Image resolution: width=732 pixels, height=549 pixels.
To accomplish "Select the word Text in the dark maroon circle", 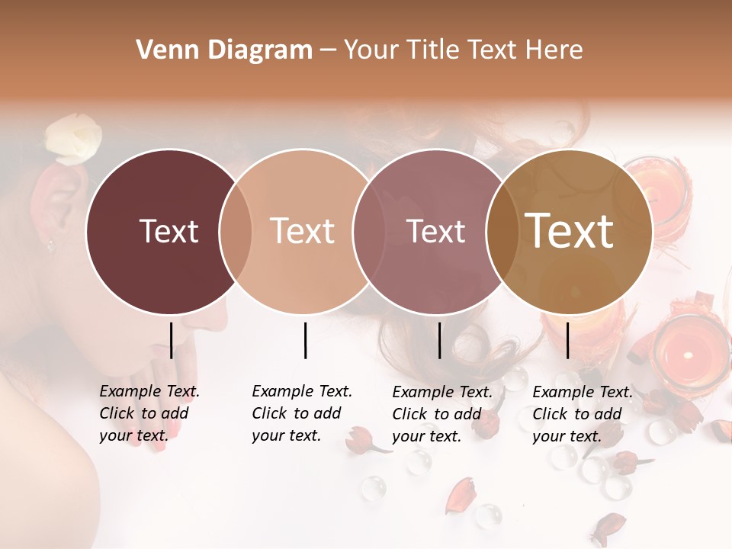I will [x=169, y=231].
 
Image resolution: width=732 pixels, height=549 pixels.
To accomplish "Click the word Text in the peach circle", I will [x=303, y=231].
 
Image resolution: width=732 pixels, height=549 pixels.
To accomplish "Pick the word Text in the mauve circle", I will [x=436, y=231].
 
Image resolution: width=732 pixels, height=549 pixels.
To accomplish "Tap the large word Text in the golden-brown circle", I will [x=570, y=231].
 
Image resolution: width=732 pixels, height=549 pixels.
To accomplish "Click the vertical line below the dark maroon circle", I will [x=172, y=340].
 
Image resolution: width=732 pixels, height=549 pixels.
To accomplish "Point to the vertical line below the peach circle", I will [x=305, y=340].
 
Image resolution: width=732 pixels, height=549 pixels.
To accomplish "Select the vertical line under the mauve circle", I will [x=439, y=340].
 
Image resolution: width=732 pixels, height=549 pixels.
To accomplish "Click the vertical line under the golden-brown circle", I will [x=568, y=340].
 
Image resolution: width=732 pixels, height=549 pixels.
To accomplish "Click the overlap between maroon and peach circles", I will [x=236, y=231].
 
